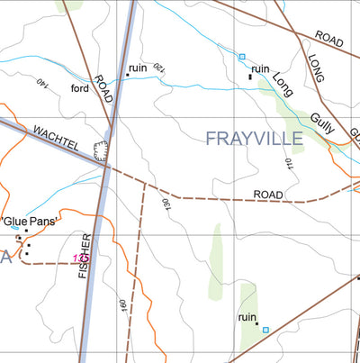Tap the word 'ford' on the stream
80,87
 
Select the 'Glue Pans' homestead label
31,221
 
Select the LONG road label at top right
315,68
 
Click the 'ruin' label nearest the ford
138,68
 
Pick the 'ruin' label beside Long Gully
261,68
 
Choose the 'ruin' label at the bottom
247,317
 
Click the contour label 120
158,68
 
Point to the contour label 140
40,83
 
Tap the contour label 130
165,204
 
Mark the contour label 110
289,165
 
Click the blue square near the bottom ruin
265,330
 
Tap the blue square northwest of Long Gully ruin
242,57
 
